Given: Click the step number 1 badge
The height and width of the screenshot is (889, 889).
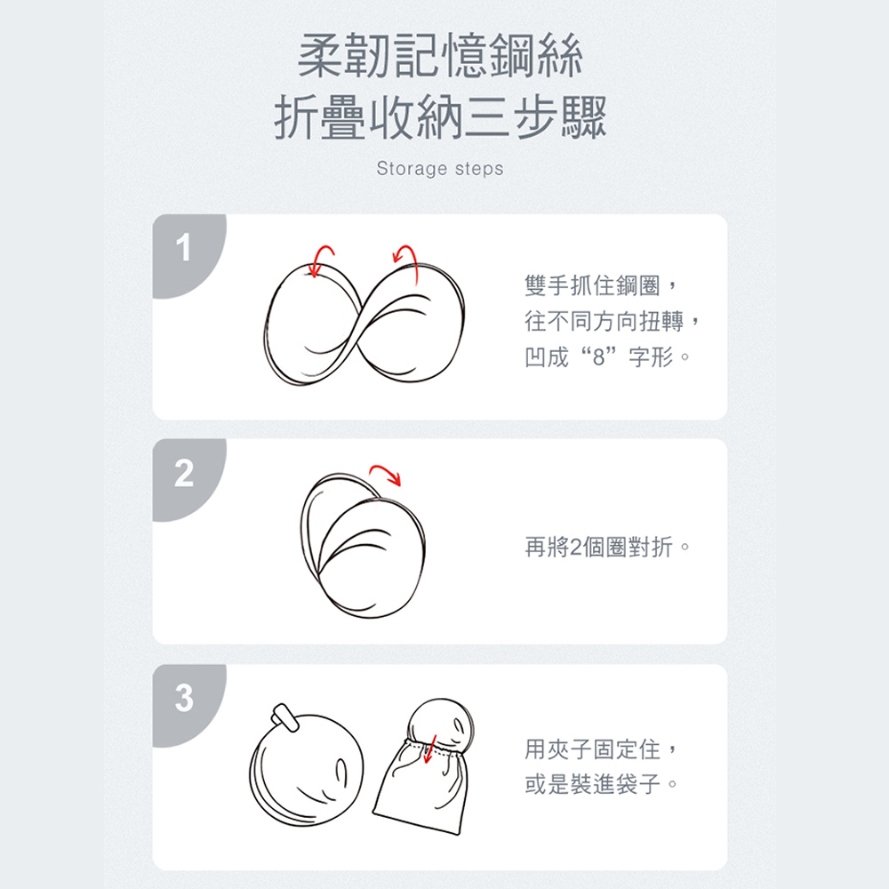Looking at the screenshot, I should click(183, 249).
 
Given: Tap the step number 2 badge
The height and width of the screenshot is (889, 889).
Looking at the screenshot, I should click(183, 474).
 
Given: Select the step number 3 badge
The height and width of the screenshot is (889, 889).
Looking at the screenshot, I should click(183, 699).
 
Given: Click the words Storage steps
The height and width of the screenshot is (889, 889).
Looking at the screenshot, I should click(439, 168).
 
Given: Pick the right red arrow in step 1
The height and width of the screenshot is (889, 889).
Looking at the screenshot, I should click(405, 255).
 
